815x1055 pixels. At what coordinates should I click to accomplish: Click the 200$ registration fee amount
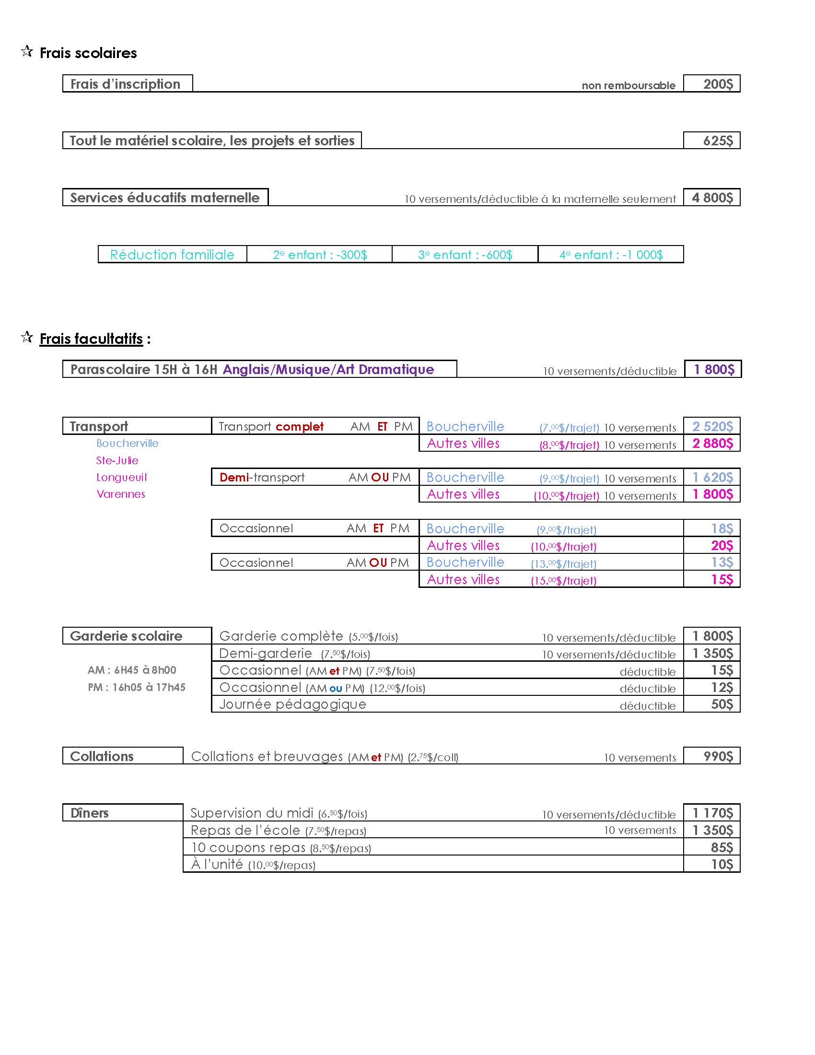[718, 84]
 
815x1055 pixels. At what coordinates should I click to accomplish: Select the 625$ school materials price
[718, 141]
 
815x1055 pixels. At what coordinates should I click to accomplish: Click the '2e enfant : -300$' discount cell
[320, 255]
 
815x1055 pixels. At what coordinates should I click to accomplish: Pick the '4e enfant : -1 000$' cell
[611, 255]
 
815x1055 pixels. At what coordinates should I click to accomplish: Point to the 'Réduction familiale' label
[172, 255]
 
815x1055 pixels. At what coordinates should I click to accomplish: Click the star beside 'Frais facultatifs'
[27, 337]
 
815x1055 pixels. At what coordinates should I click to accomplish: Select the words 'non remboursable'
[628, 85]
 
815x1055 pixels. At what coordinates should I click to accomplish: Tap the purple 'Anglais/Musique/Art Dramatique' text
[328, 370]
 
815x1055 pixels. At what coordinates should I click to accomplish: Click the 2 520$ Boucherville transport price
[712, 426]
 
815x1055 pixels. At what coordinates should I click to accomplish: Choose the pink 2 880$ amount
[712, 444]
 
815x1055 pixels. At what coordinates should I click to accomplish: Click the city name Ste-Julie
[117, 460]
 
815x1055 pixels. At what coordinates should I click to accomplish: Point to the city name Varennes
[121, 494]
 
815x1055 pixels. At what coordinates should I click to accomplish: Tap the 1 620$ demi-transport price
[712, 478]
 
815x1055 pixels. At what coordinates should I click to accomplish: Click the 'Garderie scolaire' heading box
[126, 636]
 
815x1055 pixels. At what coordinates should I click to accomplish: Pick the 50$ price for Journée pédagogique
[722, 704]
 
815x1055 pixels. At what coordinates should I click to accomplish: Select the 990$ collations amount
[718, 756]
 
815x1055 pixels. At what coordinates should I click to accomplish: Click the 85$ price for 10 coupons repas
[722, 848]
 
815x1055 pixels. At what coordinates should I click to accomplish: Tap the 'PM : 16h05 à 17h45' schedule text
[136, 687]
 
